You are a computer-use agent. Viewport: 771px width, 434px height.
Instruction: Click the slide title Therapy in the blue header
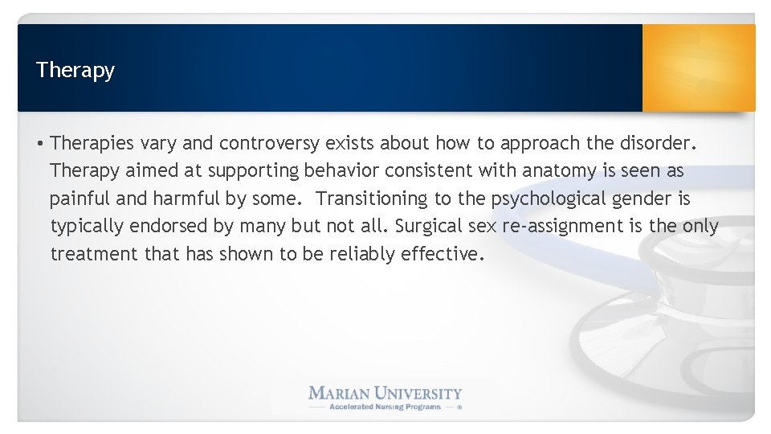pos(75,71)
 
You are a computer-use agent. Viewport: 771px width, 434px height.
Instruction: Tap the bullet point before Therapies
pos(39,145)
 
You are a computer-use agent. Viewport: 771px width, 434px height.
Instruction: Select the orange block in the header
pos(698,68)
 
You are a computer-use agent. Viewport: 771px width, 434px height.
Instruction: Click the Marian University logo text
pos(385,393)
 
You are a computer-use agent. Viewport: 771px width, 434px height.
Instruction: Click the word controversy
pos(270,144)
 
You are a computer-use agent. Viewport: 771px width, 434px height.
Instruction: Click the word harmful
pos(173,199)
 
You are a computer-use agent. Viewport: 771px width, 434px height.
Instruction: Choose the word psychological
pos(544,199)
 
